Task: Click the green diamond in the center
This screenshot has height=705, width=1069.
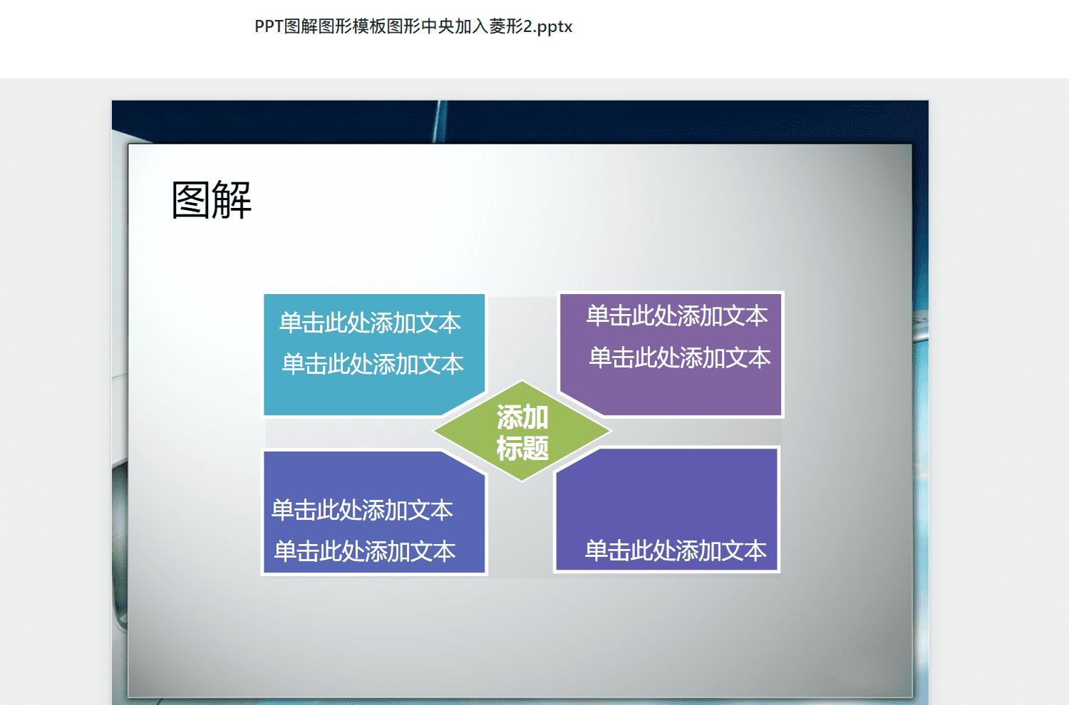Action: click(x=522, y=432)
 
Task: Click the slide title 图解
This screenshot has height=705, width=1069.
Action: click(x=212, y=200)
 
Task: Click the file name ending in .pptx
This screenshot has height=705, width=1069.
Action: click(x=413, y=26)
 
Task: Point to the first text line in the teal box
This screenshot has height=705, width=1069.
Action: click(x=371, y=323)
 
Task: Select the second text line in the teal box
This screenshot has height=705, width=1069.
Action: click(x=373, y=365)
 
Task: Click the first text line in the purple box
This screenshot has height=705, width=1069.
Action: click(x=677, y=315)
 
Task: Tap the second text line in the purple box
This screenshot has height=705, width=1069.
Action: click(x=680, y=357)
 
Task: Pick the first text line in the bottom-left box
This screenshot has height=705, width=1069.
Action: click(x=362, y=510)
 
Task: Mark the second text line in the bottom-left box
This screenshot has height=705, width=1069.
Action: click(x=365, y=551)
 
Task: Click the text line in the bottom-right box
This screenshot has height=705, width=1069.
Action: click(x=676, y=550)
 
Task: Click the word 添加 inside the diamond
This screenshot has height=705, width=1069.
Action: click(x=522, y=417)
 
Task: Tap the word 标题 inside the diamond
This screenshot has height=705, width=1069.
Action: click(x=522, y=448)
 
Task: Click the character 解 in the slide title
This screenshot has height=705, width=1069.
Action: click(x=232, y=200)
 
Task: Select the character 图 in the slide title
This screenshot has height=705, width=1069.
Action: click(x=191, y=200)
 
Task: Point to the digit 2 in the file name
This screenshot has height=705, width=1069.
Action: click(x=528, y=26)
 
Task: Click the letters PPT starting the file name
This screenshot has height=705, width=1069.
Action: click(x=269, y=26)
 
